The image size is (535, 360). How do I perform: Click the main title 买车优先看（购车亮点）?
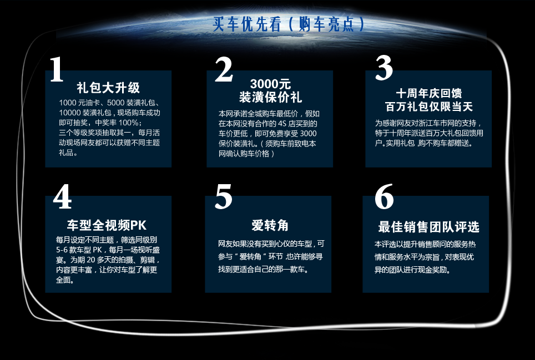tap(289, 24)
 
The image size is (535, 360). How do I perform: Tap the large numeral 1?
tap(57, 69)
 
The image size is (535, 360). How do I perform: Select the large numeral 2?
tap(224, 69)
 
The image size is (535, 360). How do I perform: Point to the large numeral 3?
tap(384, 68)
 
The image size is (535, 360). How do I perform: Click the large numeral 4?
tap(63, 196)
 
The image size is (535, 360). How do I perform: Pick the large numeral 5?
tap(224, 197)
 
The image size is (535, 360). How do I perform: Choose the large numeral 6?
tap(384, 196)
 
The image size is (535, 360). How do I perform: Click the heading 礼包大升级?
tap(108, 88)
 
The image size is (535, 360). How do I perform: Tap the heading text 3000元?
tap(270, 84)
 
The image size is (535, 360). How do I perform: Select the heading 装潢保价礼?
tap(270, 97)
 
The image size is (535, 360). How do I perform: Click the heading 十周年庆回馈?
tap(429, 93)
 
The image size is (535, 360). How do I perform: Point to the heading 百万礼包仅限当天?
tap(429, 107)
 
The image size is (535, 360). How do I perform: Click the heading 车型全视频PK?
tap(107, 225)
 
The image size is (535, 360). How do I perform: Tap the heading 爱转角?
tap(270, 225)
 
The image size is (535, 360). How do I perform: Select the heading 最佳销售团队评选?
tap(428, 227)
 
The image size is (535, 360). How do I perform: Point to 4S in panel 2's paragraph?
tap(281, 123)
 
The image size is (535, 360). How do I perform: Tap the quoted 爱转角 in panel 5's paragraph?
tap(250, 257)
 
